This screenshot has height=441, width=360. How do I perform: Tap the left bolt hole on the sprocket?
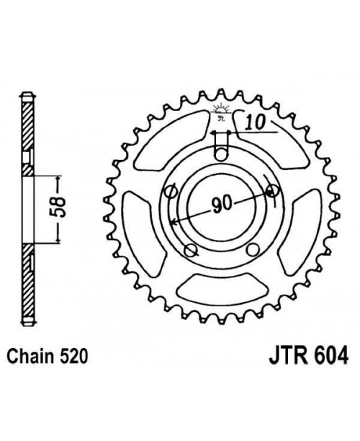pyautogui.click(x=171, y=192)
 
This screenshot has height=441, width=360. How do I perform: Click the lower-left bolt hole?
pyautogui.click(x=191, y=249)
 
